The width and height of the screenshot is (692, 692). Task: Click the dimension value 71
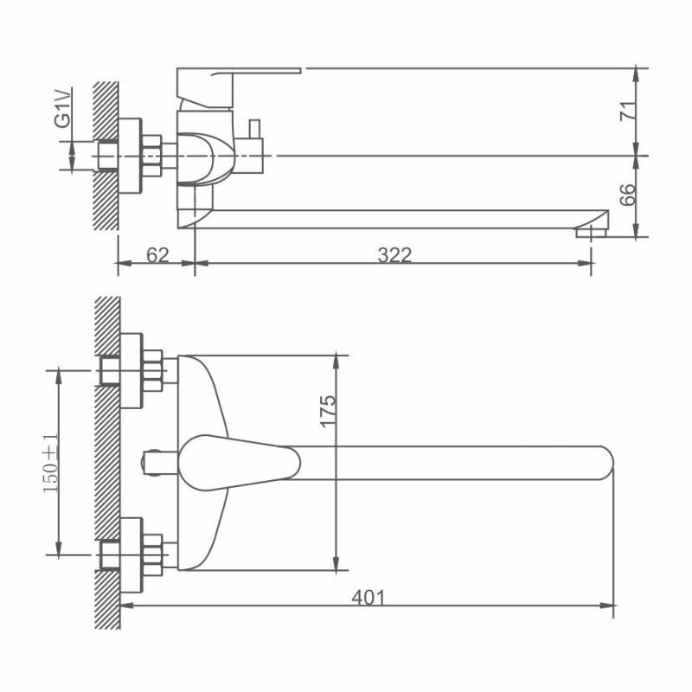(629, 111)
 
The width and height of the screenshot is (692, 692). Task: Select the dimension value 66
(628, 195)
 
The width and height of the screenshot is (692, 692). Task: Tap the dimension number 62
(157, 254)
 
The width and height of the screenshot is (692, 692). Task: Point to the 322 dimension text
(394, 254)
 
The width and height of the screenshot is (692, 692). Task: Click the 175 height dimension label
(328, 412)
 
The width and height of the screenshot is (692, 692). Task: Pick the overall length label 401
(368, 598)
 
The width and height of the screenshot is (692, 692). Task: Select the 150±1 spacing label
(51, 463)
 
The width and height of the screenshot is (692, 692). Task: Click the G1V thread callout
(62, 108)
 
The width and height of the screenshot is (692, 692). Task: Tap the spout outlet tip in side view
(592, 231)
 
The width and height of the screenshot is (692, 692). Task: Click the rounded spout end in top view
(607, 463)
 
